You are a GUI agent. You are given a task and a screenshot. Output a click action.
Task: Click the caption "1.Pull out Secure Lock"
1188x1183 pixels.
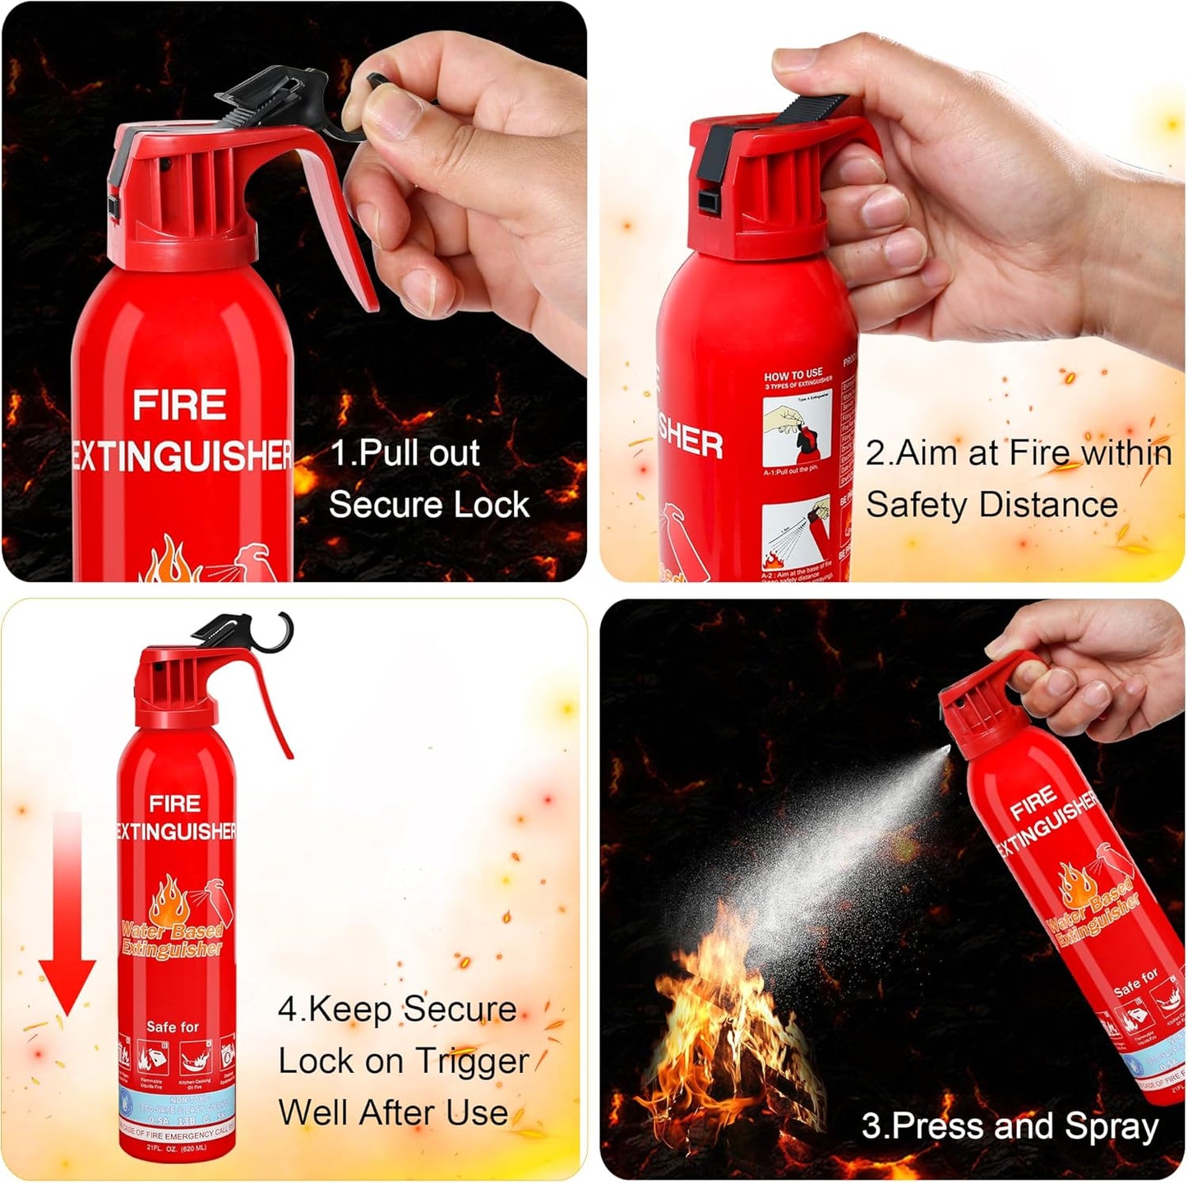click(x=428, y=478)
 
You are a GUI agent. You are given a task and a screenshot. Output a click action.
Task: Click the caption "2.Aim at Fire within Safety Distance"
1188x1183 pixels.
click(x=1018, y=478)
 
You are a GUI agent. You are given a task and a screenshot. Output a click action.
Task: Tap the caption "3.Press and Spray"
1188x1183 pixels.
click(x=1010, y=1125)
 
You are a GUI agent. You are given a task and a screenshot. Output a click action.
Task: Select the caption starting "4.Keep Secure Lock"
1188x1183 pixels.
click(x=402, y=1061)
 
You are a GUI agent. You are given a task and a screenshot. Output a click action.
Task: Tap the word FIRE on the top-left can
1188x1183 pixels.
click(x=179, y=405)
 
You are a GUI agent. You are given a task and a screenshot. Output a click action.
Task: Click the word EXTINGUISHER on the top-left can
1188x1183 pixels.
click(x=181, y=455)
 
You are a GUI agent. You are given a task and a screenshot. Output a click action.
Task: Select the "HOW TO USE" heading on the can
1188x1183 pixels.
click(x=793, y=374)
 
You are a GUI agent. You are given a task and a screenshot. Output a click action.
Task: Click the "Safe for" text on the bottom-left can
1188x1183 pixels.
click(x=172, y=1027)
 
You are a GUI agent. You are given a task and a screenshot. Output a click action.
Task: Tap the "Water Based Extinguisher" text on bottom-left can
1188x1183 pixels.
click(x=172, y=940)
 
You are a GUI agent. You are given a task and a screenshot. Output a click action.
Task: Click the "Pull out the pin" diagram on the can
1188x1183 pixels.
click(x=796, y=432)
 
